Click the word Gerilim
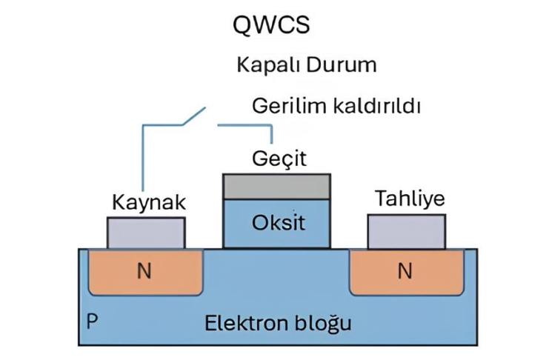point(286,106)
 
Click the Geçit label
point(279,159)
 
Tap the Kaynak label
point(148,202)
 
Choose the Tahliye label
point(410,199)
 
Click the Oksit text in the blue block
point(278,223)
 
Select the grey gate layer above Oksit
point(277,187)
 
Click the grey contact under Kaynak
point(146,233)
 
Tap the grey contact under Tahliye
point(407,231)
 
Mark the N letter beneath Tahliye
point(405,271)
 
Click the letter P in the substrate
point(91,321)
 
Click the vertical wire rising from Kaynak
point(142,159)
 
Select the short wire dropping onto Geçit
point(273,135)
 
